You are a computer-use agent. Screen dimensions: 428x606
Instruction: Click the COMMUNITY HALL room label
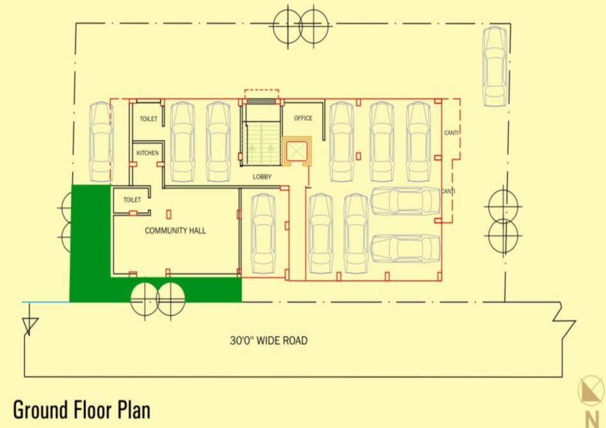tap(175, 230)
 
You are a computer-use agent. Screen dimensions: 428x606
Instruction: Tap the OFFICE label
tap(303, 118)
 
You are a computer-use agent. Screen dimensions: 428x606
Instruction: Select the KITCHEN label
tap(147, 153)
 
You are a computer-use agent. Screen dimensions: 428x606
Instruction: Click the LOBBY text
tap(262, 176)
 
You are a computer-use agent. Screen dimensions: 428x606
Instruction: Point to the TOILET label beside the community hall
tap(132, 200)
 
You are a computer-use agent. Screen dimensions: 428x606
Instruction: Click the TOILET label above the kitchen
tap(148, 119)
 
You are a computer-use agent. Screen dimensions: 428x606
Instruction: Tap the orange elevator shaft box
tap(297, 152)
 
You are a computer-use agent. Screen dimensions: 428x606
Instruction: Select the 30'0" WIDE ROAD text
tap(269, 340)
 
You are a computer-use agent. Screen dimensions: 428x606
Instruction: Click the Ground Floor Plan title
tap(81, 409)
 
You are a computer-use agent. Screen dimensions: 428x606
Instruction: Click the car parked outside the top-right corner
tap(495, 66)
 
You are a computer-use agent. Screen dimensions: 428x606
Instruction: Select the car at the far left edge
tap(100, 141)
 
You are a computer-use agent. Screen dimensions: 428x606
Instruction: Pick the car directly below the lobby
tap(263, 233)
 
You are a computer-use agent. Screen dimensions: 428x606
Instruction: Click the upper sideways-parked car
tap(405, 201)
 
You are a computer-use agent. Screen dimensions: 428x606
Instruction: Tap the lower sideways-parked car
tap(405, 248)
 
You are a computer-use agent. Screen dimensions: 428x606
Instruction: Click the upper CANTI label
tap(452, 133)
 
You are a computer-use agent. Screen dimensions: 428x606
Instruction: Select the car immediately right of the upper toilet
tap(182, 141)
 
